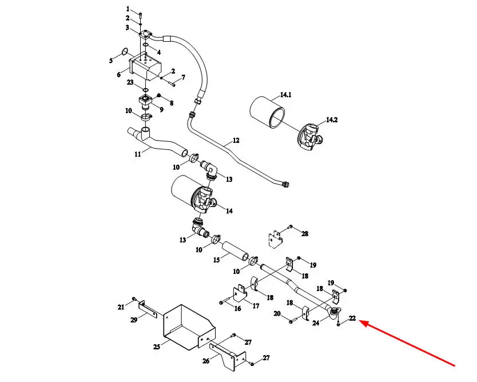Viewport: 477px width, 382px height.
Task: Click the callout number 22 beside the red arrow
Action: (x=352, y=318)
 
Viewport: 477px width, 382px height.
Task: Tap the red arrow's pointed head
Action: (x=360, y=321)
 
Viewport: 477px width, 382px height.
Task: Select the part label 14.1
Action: (x=285, y=94)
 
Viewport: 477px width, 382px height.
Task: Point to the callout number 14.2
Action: (x=332, y=120)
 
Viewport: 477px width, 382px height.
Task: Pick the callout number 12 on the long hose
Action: (x=236, y=140)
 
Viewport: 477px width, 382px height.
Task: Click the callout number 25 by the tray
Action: (x=156, y=347)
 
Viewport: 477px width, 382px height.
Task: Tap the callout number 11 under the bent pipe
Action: (x=138, y=154)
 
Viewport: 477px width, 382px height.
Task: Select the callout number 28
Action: (x=305, y=233)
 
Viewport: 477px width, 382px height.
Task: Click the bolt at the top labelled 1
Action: (x=140, y=14)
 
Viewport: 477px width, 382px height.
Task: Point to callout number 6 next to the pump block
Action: (x=118, y=74)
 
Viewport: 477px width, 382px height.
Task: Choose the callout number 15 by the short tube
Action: (x=216, y=260)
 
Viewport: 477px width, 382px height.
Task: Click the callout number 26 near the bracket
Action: (x=206, y=361)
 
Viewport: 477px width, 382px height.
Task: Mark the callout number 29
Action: (x=134, y=320)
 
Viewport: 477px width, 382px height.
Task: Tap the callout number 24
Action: (x=316, y=323)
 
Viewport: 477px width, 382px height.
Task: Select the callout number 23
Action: (x=130, y=82)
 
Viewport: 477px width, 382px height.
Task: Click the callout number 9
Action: (x=161, y=109)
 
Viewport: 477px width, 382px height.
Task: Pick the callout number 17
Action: (x=256, y=306)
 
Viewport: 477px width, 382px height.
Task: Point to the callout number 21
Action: (x=121, y=307)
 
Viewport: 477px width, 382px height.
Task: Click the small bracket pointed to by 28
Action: (x=276, y=240)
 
